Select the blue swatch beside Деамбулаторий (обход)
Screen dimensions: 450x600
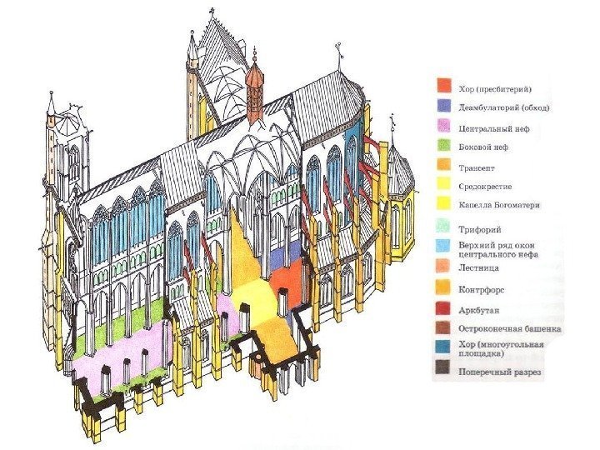[443, 107]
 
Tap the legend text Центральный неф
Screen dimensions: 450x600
[493, 129]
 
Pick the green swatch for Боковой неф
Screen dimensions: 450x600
[443, 147]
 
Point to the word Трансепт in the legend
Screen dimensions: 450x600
[478, 167]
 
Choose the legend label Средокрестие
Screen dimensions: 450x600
[487, 186]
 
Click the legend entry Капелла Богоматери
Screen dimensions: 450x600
[499, 205]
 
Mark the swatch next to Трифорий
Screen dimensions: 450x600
[443, 226]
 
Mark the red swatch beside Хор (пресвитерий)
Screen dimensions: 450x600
[443, 87]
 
